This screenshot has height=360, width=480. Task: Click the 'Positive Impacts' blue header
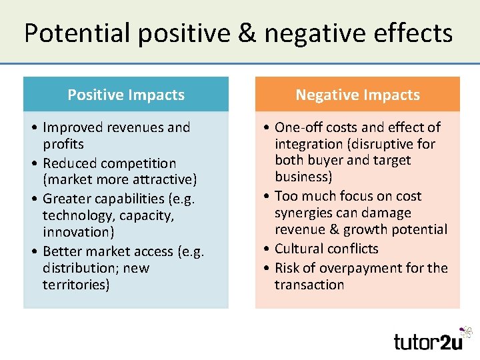(x=126, y=95)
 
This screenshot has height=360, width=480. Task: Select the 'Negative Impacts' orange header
(x=357, y=95)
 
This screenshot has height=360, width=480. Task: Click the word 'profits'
(x=63, y=144)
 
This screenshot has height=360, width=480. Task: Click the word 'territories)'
(x=76, y=285)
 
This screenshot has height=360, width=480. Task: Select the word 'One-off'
(x=299, y=127)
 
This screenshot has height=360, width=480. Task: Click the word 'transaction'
(x=309, y=285)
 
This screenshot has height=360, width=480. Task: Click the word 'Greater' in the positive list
(x=65, y=199)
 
